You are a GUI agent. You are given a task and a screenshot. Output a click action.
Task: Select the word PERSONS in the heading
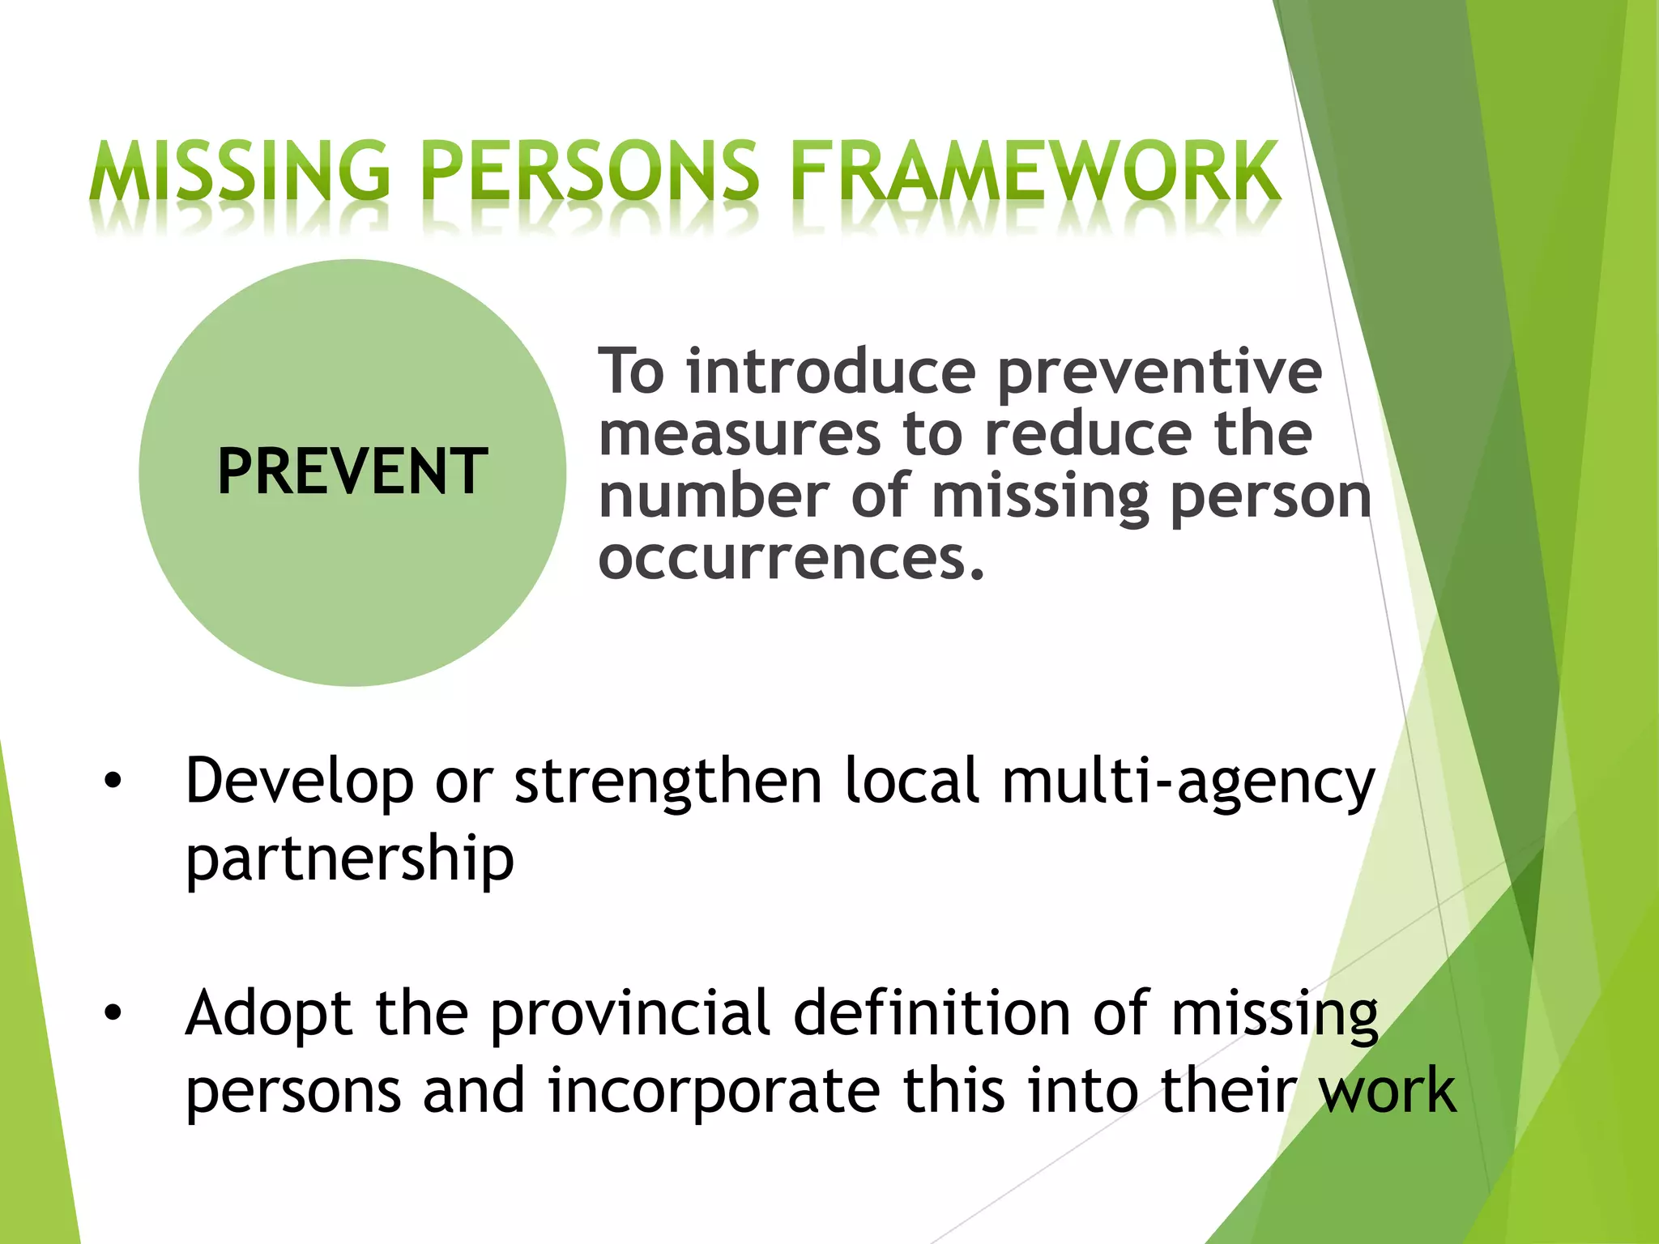coord(591,171)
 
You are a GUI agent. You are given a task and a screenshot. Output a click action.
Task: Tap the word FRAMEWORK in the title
coord(1034,171)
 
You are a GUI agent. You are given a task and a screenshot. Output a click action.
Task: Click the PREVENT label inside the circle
coord(352,472)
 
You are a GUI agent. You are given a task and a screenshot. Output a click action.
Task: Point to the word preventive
coord(1159,373)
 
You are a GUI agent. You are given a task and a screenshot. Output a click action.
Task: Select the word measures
coord(740,435)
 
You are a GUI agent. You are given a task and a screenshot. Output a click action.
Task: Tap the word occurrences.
coord(791,559)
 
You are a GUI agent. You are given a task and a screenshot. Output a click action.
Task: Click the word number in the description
coord(714,496)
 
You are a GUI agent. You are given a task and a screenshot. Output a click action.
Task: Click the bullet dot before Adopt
coord(113,1013)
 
